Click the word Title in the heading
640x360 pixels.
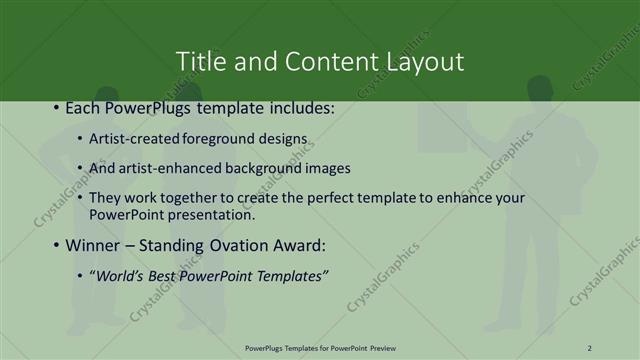pyautogui.click(x=199, y=61)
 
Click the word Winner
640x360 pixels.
pyautogui.click(x=93, y=245)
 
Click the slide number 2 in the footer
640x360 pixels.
pyautogui.click(x=590, y=348)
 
